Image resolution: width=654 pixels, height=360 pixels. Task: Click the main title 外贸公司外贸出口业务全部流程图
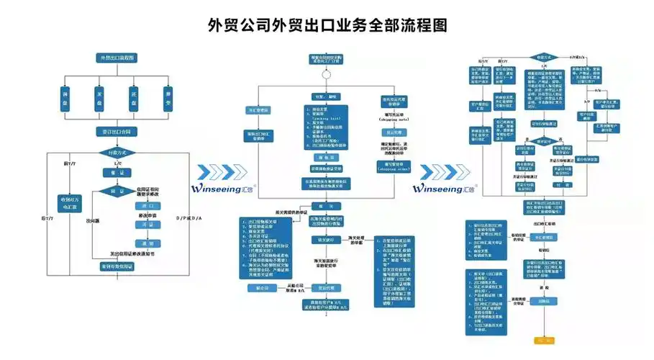(x=327, y=25)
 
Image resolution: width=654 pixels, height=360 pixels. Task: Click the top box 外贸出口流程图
(x=117, y=58)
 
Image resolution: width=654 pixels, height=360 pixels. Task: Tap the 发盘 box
(x=99, y=95)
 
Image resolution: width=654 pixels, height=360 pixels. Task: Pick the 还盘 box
(x=134, y=95)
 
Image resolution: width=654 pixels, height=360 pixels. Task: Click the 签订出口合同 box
(x=117, y=132)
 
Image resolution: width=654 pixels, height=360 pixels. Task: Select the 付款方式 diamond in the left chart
(x=117, y=153)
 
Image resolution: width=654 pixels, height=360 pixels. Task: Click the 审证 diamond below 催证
(x=117, y=191)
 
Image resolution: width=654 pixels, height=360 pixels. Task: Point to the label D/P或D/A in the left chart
(x=189, y=217)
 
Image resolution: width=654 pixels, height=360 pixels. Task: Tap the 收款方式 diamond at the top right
(x=544, y=56)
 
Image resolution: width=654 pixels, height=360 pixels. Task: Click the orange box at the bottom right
(x=548, y=339)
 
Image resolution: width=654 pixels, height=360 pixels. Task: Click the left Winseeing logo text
(x=224, y=189)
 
